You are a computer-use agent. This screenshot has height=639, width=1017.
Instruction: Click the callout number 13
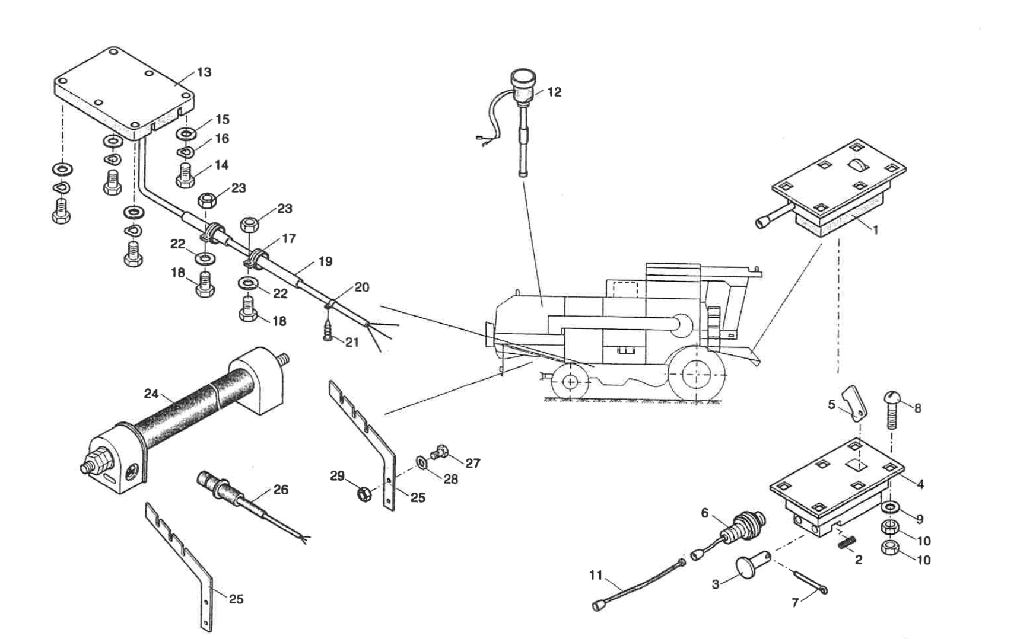tap(204, 72)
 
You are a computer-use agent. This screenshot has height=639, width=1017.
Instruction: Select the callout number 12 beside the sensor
tap(554, 92)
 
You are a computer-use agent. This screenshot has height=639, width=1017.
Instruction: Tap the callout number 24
tap(151, 393)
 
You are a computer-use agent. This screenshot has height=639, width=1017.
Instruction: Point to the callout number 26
tap(281, 489)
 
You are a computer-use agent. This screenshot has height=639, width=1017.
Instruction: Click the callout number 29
tap(337, 476)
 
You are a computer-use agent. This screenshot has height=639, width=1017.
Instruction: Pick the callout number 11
tap(596, 574)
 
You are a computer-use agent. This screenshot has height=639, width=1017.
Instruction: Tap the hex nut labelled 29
tap(364, 494)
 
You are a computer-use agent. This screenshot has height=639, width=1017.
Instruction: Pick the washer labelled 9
tap(889, 507)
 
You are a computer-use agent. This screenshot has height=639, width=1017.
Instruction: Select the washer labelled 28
tap(421, 461)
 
